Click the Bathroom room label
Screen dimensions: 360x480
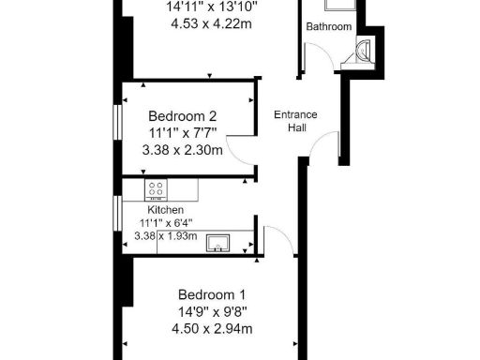(x=329, y=26)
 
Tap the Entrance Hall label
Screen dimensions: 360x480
(x=295, y=121)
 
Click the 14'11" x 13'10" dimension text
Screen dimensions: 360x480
(x=211, y=7)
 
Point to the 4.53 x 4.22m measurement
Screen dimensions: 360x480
(x=211, y=23)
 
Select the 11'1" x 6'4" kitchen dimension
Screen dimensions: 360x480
(x=164, y=222)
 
